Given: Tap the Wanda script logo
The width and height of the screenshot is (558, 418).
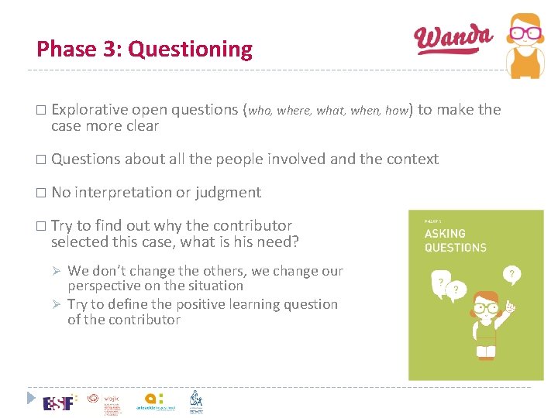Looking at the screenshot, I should (x=453, y=39).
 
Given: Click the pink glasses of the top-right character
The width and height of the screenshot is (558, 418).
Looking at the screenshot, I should (x=525, y=33).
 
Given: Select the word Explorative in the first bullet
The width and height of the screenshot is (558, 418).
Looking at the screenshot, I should (x=90, y=110).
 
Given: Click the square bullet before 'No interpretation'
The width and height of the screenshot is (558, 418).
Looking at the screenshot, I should (x=41, y=193).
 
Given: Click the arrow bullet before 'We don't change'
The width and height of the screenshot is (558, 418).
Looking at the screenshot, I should (x=56, y=272).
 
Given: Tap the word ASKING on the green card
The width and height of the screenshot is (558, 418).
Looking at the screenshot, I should (x=445, y=233).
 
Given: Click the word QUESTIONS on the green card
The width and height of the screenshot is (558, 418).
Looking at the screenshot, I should (x=455, y=248).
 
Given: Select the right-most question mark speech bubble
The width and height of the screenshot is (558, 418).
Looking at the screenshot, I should (x=511, y=273).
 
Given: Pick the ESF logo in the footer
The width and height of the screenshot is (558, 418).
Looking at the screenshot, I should (x=59, y=403).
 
